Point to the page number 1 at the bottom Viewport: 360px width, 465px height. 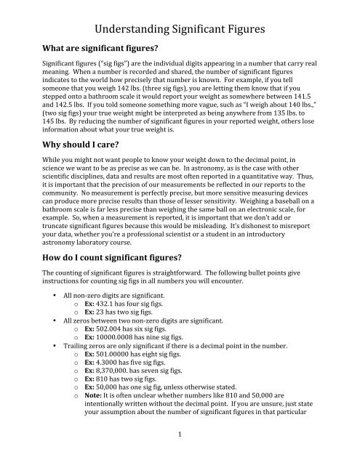pos(180,453)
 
